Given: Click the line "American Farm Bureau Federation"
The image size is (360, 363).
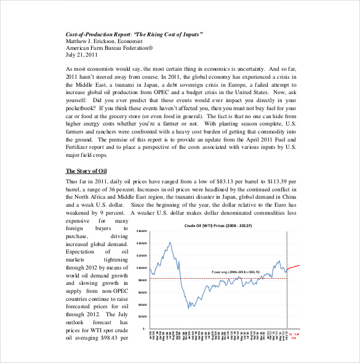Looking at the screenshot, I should point(109,48).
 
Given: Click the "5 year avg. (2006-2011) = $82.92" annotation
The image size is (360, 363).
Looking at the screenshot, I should point(236,271).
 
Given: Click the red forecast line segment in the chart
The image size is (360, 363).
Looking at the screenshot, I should point(294,266).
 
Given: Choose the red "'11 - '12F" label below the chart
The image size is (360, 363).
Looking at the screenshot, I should point(294,336).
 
